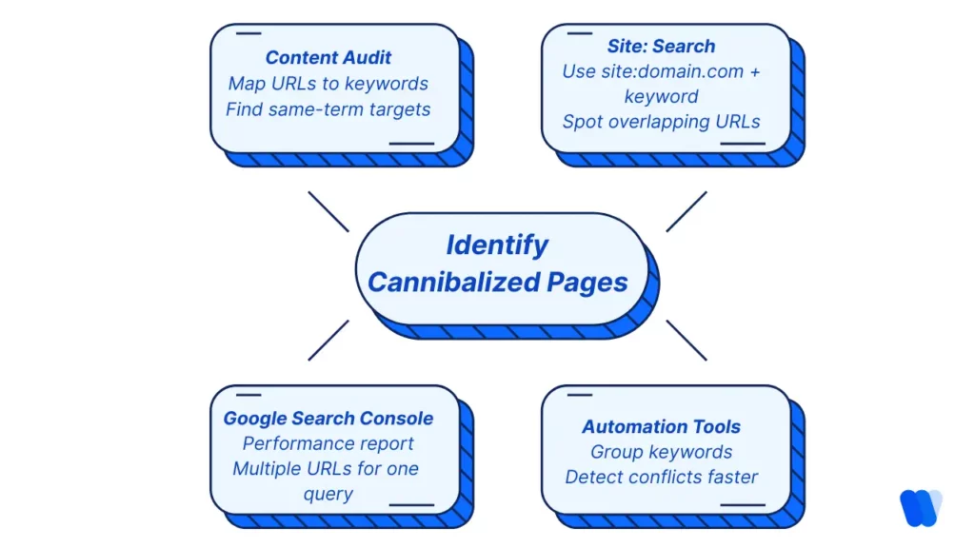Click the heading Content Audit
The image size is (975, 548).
(328, 58)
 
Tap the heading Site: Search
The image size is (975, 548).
(661, 46)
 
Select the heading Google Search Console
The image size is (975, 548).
(328, 419)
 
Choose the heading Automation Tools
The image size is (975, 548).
(661, 426)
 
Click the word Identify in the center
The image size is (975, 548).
(497, 245)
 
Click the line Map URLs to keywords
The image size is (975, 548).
(328, 84)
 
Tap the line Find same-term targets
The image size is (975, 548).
(328, 109)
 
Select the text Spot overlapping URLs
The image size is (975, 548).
(661, 122)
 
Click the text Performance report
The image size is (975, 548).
(328, 444)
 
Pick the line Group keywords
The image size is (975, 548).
(661, 452)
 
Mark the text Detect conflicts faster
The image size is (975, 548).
(661, 477)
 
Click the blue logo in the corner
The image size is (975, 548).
(920, 507)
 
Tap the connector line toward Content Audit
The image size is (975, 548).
(328, 211)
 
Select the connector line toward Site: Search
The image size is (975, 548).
(686, 211)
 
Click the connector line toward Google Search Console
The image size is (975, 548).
(328, 340)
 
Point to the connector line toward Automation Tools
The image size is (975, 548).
(686, 340)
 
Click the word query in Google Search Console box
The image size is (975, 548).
(328, 495)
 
